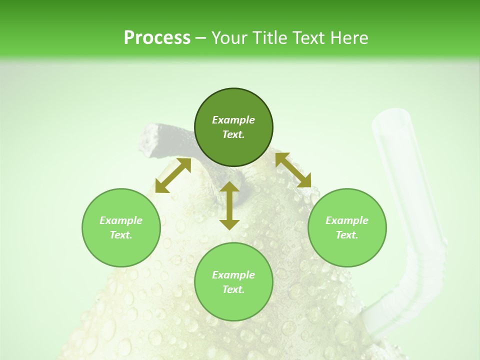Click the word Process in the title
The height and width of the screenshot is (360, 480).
(x=157, y=38)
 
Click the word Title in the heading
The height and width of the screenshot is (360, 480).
(x=269, y=38)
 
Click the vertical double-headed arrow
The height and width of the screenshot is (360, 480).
(x=229, y=205)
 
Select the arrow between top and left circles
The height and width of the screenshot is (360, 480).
(x=173, y=175)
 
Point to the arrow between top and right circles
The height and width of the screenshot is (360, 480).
(x=293, y=170)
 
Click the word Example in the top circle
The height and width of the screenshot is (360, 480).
(x=233, y=120)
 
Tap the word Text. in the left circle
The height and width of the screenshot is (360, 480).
(x=121, y=235)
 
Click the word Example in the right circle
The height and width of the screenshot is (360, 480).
(x=347, y=220)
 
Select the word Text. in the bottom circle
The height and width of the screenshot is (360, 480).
(x=233, y=289)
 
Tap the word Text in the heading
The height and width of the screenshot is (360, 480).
(x=306, y=38)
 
